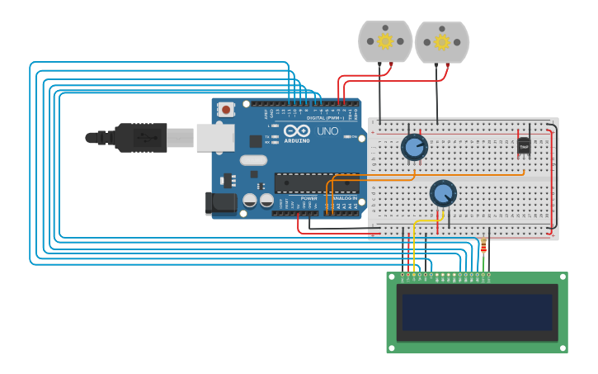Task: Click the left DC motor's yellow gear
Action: pos(385,40)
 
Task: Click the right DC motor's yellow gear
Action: pos(441,41)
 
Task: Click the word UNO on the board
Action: pos(327,131)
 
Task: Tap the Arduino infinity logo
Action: pos(296,131)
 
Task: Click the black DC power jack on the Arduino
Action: pos(218,203)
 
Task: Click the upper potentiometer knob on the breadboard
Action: pos(414,148)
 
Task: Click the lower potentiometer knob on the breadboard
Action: pos(443,193)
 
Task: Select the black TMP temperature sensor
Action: pos(524,145)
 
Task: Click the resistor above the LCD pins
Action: pos(483,245)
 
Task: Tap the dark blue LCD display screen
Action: pos(476,312)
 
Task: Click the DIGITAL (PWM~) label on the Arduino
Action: pos(326,117)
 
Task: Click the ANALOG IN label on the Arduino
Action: pos(345,198)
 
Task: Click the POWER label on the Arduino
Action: pos(308,198)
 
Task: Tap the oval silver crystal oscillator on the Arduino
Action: pos(254,160)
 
